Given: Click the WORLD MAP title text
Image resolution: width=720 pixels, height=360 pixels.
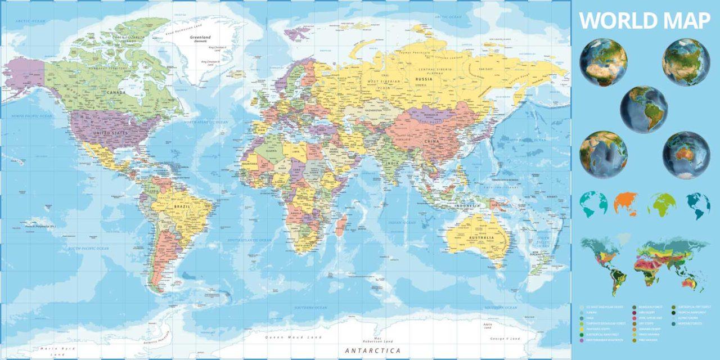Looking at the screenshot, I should tap(645, 20).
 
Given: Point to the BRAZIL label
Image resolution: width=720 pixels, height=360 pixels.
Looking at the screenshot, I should tap(183, 206).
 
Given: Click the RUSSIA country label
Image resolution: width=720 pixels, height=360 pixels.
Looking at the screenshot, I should tap(424, 79).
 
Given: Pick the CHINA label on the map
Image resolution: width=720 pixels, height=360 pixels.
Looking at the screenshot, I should tap(432, 141).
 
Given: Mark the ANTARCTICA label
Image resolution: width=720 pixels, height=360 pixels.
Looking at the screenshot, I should tap(372, 350).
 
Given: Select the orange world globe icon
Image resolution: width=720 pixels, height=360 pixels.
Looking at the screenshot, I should tap(626, 204).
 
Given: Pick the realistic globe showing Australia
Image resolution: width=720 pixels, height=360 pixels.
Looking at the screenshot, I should tap(686, 155).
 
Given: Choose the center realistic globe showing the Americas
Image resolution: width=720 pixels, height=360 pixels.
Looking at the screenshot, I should tap(643, 109).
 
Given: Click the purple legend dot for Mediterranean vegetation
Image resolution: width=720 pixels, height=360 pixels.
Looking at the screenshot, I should tap(582, 340).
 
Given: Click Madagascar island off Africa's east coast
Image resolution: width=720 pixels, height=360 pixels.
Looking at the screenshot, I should tap(340, 226).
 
